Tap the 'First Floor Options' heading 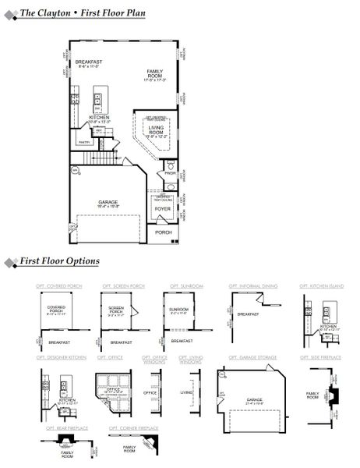click(59, 261)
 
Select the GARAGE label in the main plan click(108, 203)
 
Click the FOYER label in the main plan click(162, 208)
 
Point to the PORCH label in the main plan click(163, 232)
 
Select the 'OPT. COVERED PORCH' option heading click(58, 286)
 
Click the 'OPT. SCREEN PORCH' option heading click(122, 286)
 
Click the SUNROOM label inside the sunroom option click(178, 310)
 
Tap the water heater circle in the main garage click(75, 169)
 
